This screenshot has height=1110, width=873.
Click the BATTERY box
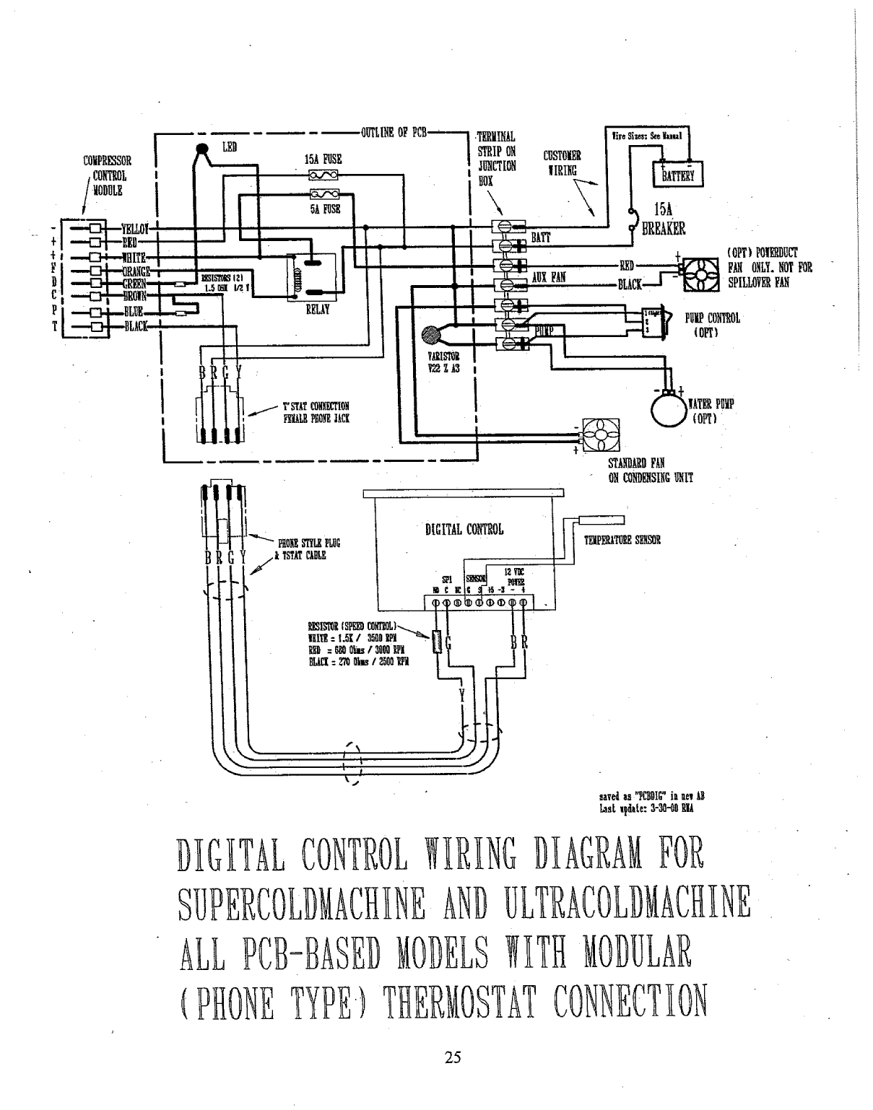pos(672,173)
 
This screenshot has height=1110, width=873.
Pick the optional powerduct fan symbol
pos(702,273)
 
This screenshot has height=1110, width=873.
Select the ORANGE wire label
pos(136,271)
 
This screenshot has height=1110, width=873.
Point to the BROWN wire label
pos(135,297)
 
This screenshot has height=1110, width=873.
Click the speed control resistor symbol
pos(435,642)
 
